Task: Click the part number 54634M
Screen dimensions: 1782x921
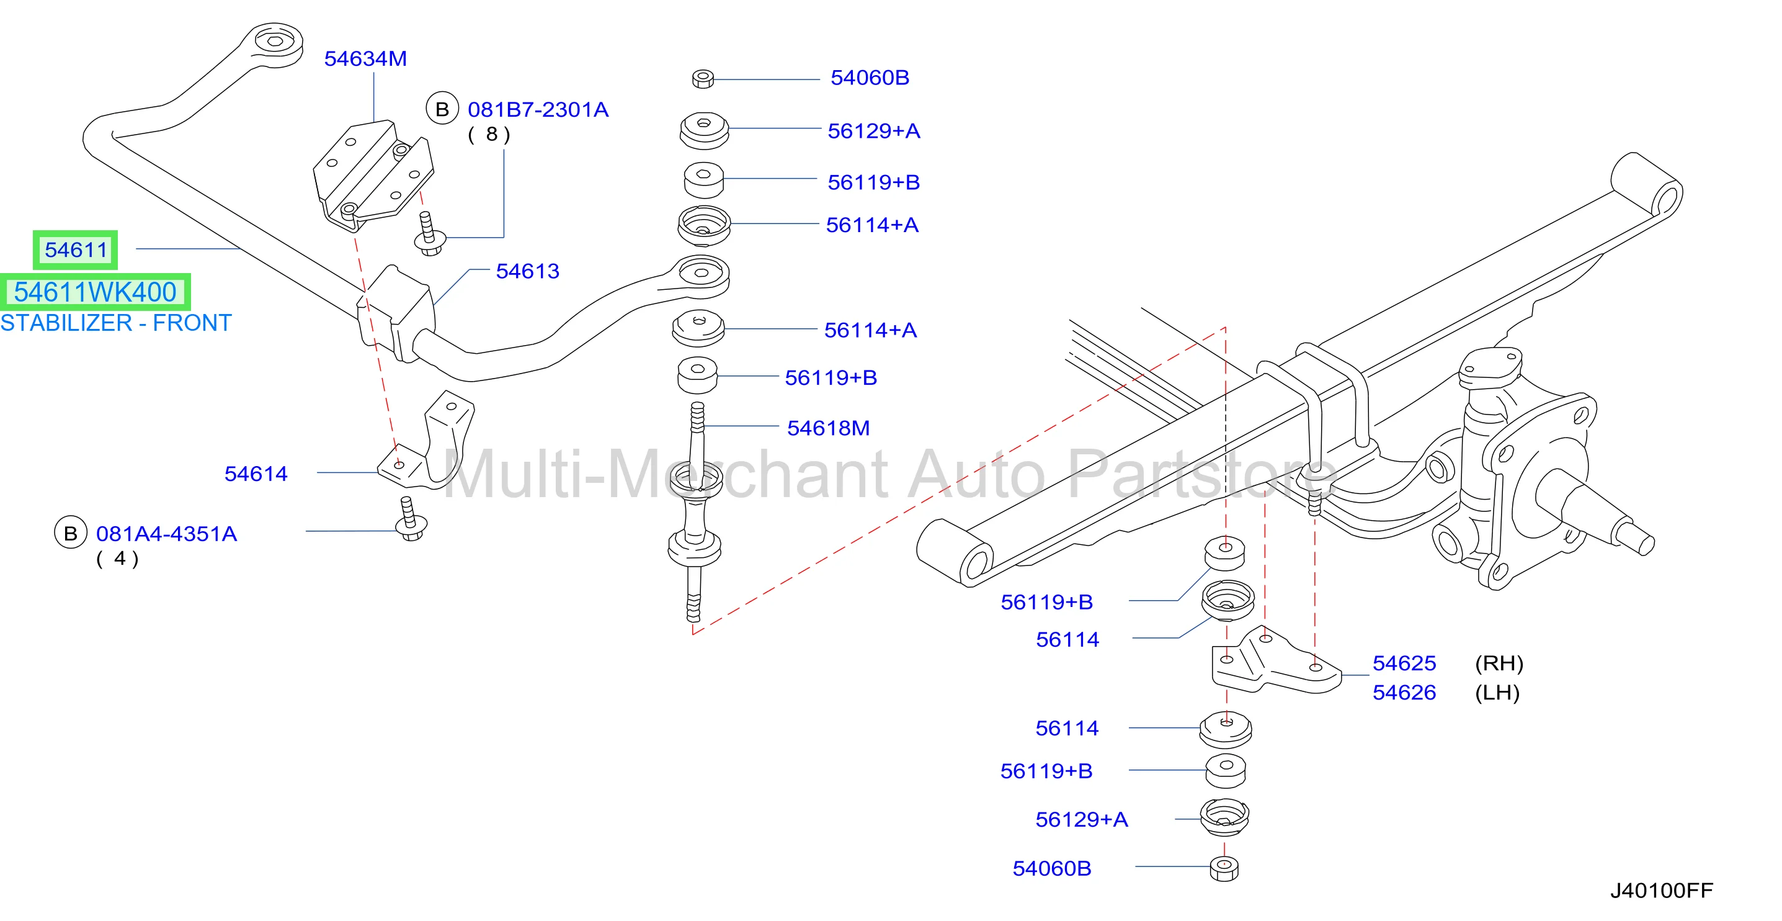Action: pos(365,59)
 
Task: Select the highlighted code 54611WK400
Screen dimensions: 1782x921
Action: pos(96,292)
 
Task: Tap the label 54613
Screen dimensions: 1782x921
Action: pos(527,271)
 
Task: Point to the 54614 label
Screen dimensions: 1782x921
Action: pos(256,474)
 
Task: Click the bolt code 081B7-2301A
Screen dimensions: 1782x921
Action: pos(538,109)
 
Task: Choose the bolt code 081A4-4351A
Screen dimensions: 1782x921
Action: pos(166,534)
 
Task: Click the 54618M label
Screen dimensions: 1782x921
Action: pos(828,428)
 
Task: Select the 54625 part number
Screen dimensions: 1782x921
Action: pos(1404,663)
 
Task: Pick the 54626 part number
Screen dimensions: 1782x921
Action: pos(1404,692)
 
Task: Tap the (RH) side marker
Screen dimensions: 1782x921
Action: pos(1499,663)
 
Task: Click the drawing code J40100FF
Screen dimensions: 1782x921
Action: pos(1662,890)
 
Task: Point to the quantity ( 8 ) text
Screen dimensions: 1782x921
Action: pos(489,134)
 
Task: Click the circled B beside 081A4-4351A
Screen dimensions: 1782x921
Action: pos(71,533)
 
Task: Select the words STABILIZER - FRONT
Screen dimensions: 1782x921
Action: pos(115,323)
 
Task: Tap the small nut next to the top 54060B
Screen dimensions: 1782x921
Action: pos(703,78)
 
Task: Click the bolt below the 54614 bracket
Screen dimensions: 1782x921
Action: pos(410,519)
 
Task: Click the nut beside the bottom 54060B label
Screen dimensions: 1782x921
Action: pos(1224,868)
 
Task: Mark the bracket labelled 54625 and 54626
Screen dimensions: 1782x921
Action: pos(1275,662)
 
